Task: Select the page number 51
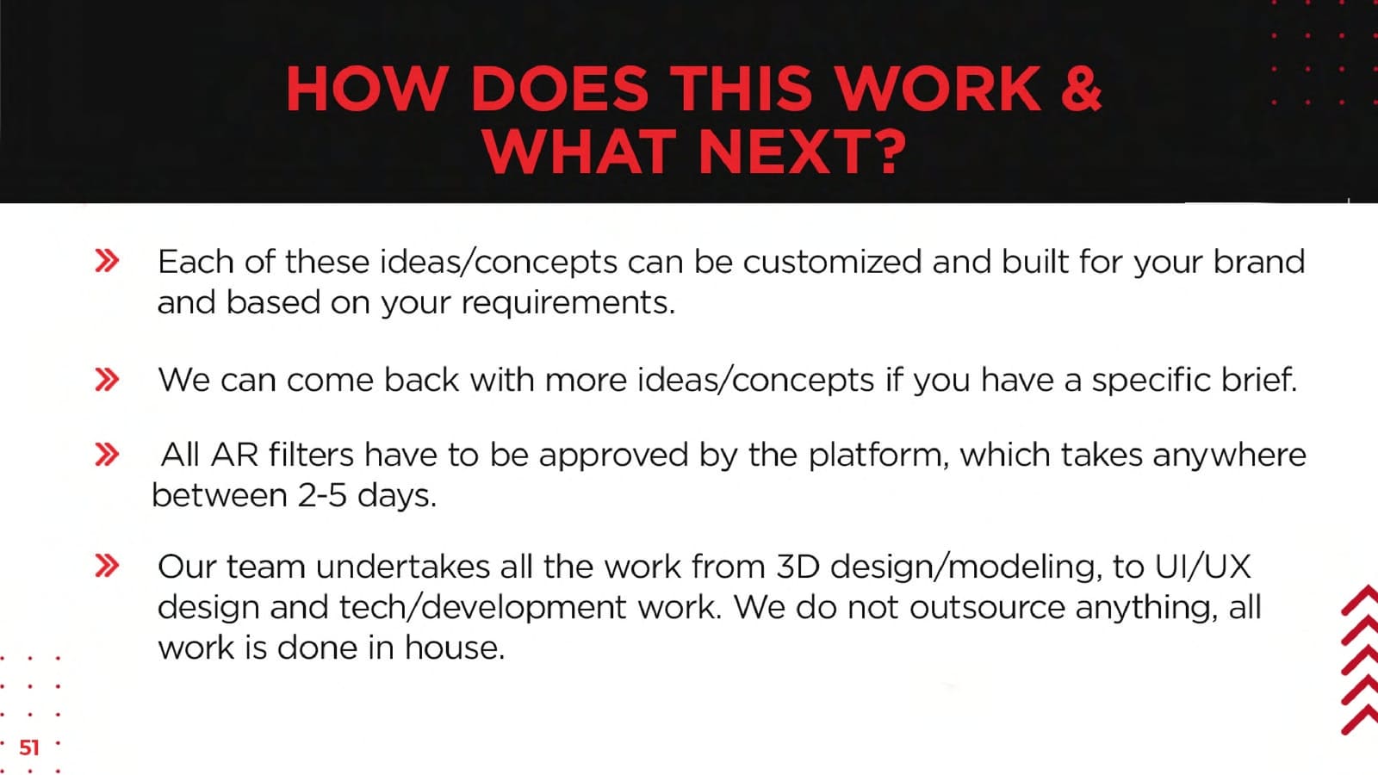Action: pyautogui.click(x=29, y=747)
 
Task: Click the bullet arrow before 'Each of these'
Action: pyautogui.click(x=107, y=261)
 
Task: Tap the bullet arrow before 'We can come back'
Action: pyautogui.click(x=107, y=380)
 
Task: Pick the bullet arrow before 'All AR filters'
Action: pyautogui.click(x=107, y=455)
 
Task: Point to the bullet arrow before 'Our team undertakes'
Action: pyautogui.click(x=107, y=566)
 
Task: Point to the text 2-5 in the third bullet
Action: pyautogui.click(x=322, y=495)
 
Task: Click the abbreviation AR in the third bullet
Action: pyautogui.click(x=233, y=456)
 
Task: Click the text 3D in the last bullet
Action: pyautogui.click(x=798, y=567)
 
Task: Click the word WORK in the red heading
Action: pyautogui.click(x=938, y=90)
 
